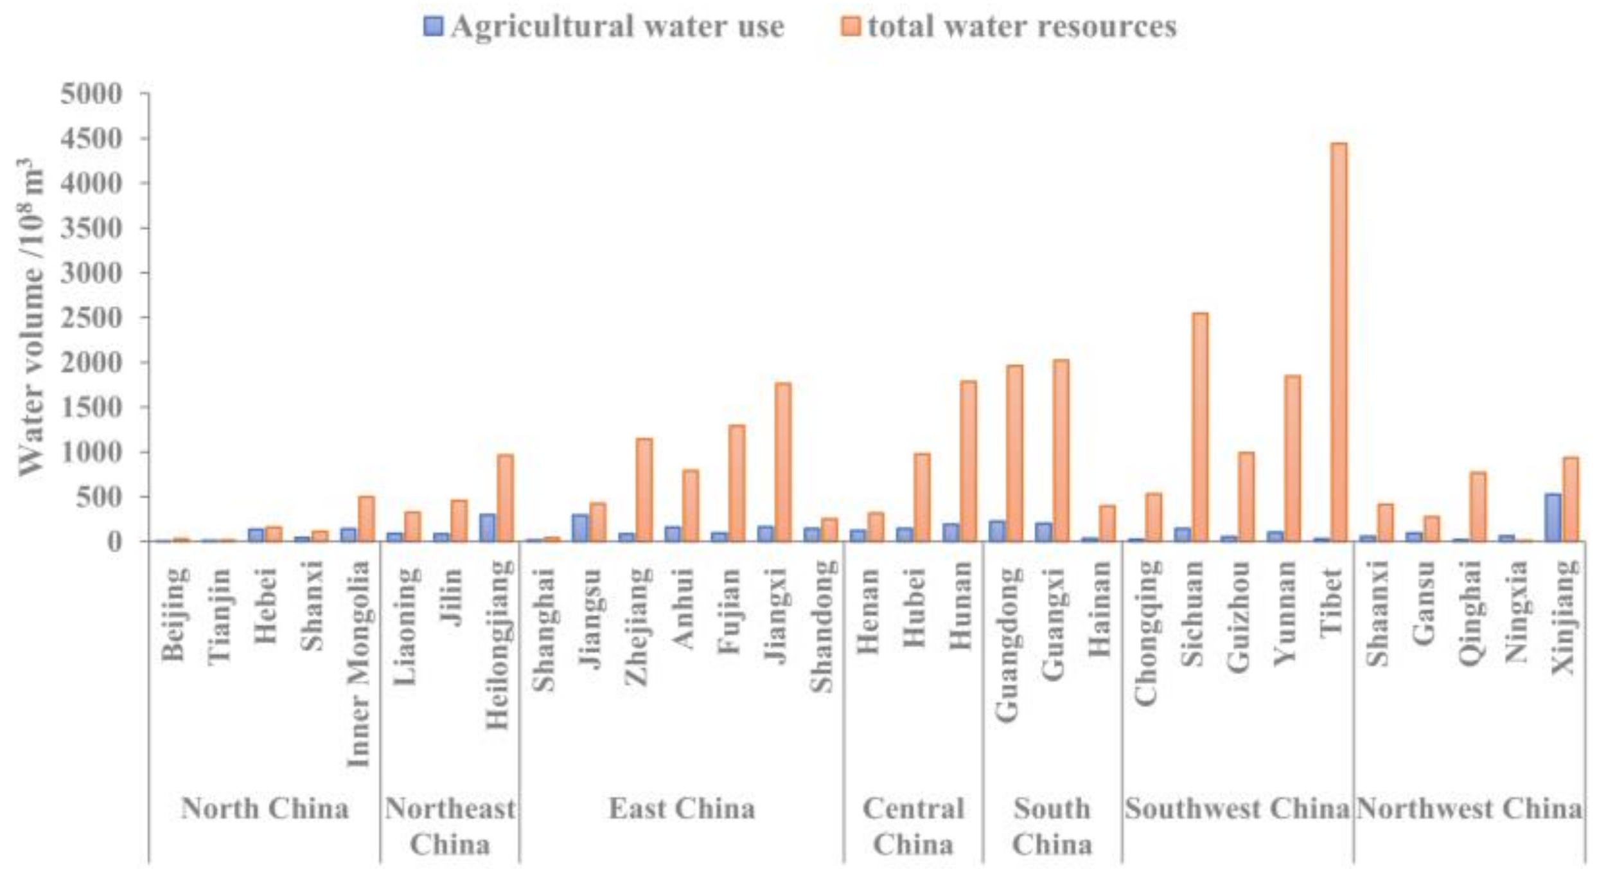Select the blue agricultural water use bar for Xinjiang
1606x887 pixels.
pos(1553,517)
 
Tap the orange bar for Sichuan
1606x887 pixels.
pos(1199,427)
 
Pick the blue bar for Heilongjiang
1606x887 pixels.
pos(488,527)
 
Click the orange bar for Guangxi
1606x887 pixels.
pos(1061,450)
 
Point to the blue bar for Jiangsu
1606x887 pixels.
pos(580,527)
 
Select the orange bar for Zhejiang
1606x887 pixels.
pos(644,490)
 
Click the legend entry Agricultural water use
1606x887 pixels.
pos(604,26)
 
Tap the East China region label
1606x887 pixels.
pos(682,809)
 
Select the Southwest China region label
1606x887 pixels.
pos(1237,809)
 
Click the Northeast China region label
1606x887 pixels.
pos(450,826)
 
